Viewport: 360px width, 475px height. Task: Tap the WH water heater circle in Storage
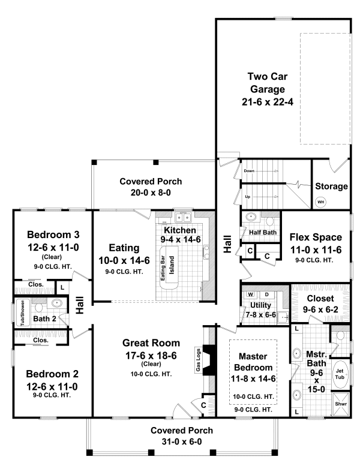[x=321, y=202]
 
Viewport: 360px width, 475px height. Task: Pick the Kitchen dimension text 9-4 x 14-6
[x=179, y=239]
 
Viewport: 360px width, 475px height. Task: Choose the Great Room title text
[x=151, y=343]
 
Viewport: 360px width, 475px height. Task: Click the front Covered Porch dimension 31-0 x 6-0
[x=173, y=441]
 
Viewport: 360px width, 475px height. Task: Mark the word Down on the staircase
[x=250, y=170]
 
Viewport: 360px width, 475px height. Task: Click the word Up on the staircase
[x=248, y=196]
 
